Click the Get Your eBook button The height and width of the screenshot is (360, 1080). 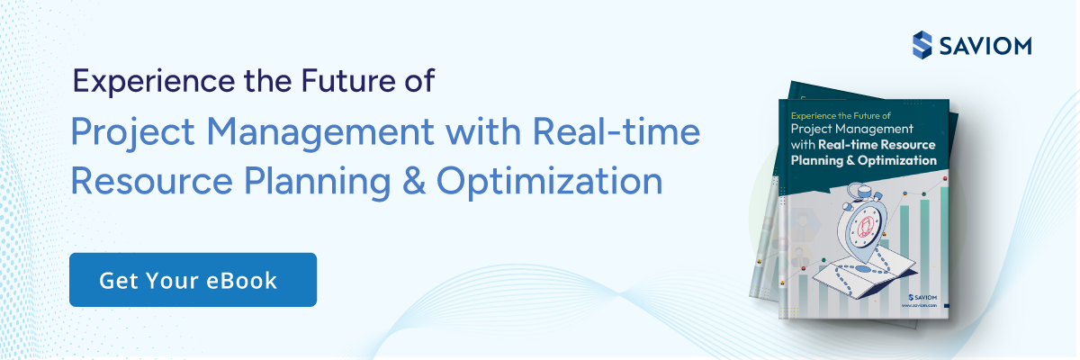193,280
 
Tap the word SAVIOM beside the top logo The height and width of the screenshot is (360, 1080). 985,44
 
